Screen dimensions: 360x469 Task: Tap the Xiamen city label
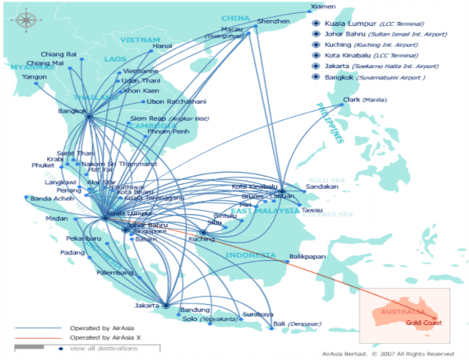point(322,7)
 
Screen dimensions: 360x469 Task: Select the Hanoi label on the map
point(163,46)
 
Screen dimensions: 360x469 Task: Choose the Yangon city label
point(34,77)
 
